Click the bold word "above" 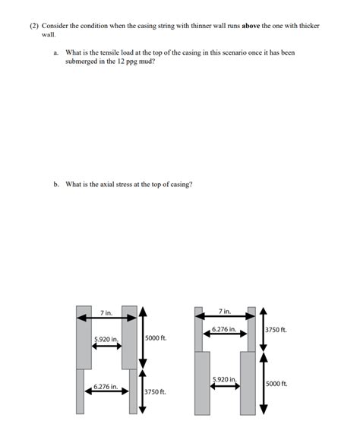(x=251, y=26)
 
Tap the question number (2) (x=34, y=26)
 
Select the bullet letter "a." (x=56, y=52)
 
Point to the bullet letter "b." (x=56, y=185)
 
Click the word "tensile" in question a (x=109, y=52)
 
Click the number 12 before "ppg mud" (x=121, y=62)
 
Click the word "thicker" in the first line (x=309, y=26)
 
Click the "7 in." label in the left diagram (x=106, y=312)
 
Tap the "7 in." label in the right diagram (x=225, y=312)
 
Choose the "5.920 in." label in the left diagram (x=106, y=339)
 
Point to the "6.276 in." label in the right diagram (x=224, y=329)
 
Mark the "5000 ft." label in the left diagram (x=156, y=338)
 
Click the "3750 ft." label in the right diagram (x=276, y=330)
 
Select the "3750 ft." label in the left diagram (x=155, y=391)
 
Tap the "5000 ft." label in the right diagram (x=276, y=384)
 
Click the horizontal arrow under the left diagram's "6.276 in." (x=106, y=391)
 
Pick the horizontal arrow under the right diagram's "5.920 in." (x=225, y=386)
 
